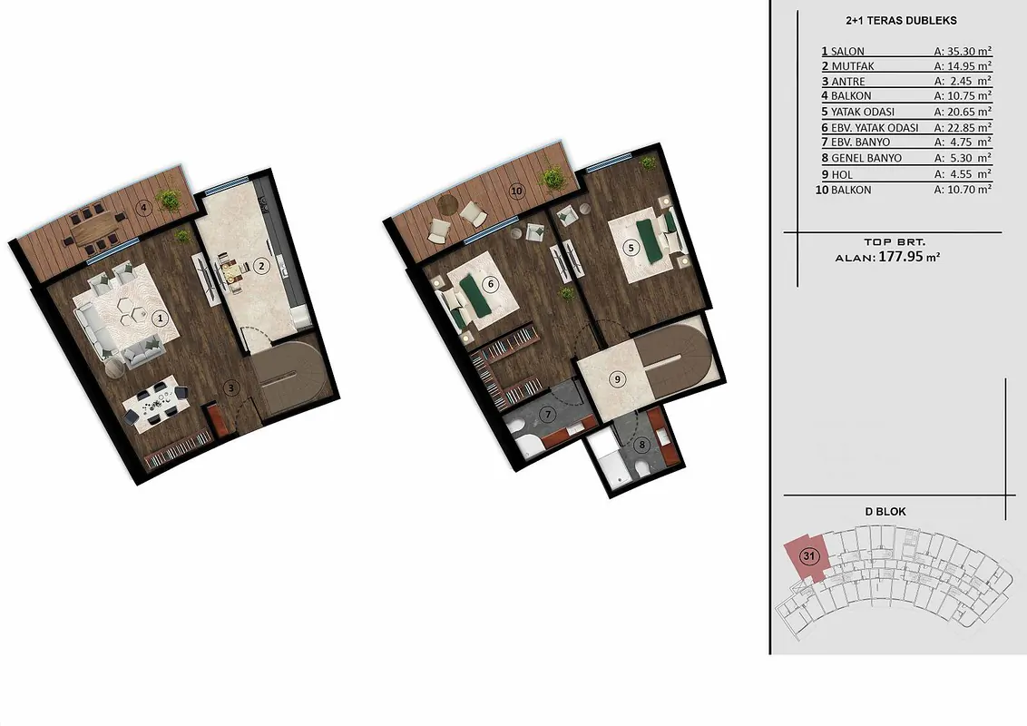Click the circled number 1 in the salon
click(x=159, y=319)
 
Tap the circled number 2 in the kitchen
click(x=261, y=266)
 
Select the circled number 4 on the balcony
click(x=143, y=209)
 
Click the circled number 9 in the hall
click(x=617, y=379)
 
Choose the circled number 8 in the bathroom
click(x=642, y=446)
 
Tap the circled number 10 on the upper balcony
click(x=517, y=191)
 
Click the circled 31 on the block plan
click(x=810, y=557)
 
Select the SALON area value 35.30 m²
click(x=963, y=51)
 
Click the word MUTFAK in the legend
click(x=853, y=66)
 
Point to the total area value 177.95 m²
click(x=909, y=257)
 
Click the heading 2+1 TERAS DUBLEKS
click(x=901, y=20)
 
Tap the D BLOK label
click(x=885, y=512)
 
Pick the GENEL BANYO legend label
click(x=866, y=158)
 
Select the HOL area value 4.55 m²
click(x=963, y=174)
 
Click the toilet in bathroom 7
click(x=527, y=444)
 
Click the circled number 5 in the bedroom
click(x=631, y=248)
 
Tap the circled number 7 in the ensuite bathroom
click(x=548, y=414)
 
